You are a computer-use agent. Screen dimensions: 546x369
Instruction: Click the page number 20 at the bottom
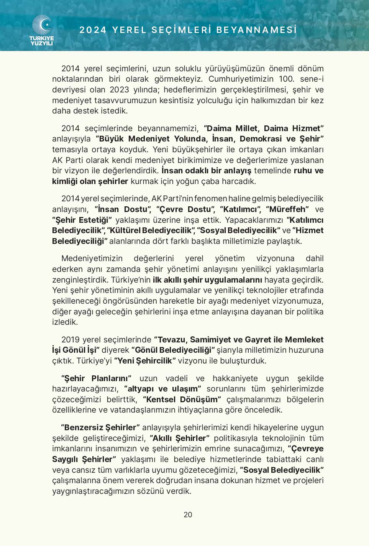188,515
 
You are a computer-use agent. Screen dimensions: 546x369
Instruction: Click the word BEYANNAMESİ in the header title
257,30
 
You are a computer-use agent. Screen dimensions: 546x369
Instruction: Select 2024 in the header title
93,30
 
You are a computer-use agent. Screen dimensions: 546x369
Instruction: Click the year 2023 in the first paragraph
119,90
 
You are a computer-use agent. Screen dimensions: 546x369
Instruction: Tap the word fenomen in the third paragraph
210,199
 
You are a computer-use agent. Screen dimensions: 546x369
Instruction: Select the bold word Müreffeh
287,209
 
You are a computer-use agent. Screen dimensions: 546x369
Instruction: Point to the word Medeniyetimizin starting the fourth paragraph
92,258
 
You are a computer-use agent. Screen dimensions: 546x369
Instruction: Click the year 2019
71,340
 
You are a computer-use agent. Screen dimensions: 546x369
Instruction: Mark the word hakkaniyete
235,378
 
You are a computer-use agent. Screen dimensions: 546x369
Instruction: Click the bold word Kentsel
161,400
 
